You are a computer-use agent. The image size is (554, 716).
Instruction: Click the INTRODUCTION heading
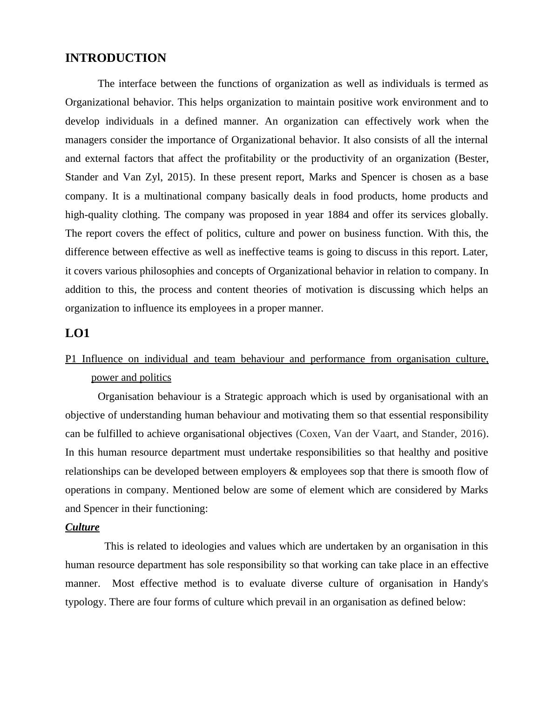click(x=115, y=58)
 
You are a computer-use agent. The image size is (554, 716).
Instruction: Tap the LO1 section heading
click(x=77, y=333)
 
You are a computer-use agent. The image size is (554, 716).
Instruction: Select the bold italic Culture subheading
click(x=82, y=527)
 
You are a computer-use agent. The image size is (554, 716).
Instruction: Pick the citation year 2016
click(x=473, y=434)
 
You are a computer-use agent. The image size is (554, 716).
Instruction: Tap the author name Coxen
click(x=314, y=434)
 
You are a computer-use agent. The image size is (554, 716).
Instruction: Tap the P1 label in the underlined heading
click(x=71, y=359)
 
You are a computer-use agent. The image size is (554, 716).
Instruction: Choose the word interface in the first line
click(x=138, y=84)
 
